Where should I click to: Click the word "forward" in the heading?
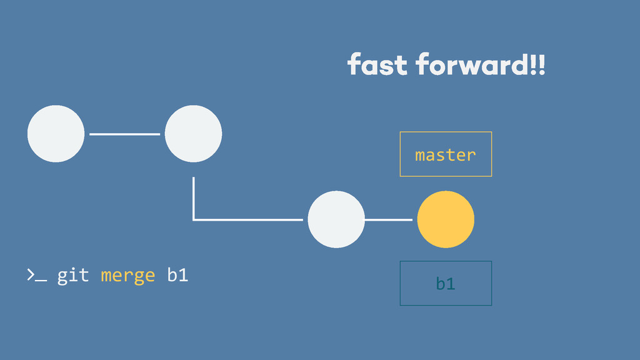(471, 64)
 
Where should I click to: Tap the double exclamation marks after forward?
(537, 64)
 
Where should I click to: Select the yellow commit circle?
(446, 219)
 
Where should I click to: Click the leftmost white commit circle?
(56, 134)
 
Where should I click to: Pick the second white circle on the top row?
(193, 134)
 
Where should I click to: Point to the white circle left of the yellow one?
(336, 219)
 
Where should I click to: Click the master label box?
(446, 154)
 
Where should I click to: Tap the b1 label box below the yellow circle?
(446, 283)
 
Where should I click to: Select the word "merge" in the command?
(127, 275)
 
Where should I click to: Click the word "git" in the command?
(72, 275)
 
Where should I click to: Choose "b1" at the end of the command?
(177, 275)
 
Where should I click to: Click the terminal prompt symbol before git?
(36, 275)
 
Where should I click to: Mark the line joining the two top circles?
(124, 134)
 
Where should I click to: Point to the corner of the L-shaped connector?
(194, 219)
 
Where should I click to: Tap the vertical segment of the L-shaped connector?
(194, 197)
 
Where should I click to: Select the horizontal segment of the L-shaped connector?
(250, 219)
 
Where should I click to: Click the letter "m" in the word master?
(421, 154)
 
